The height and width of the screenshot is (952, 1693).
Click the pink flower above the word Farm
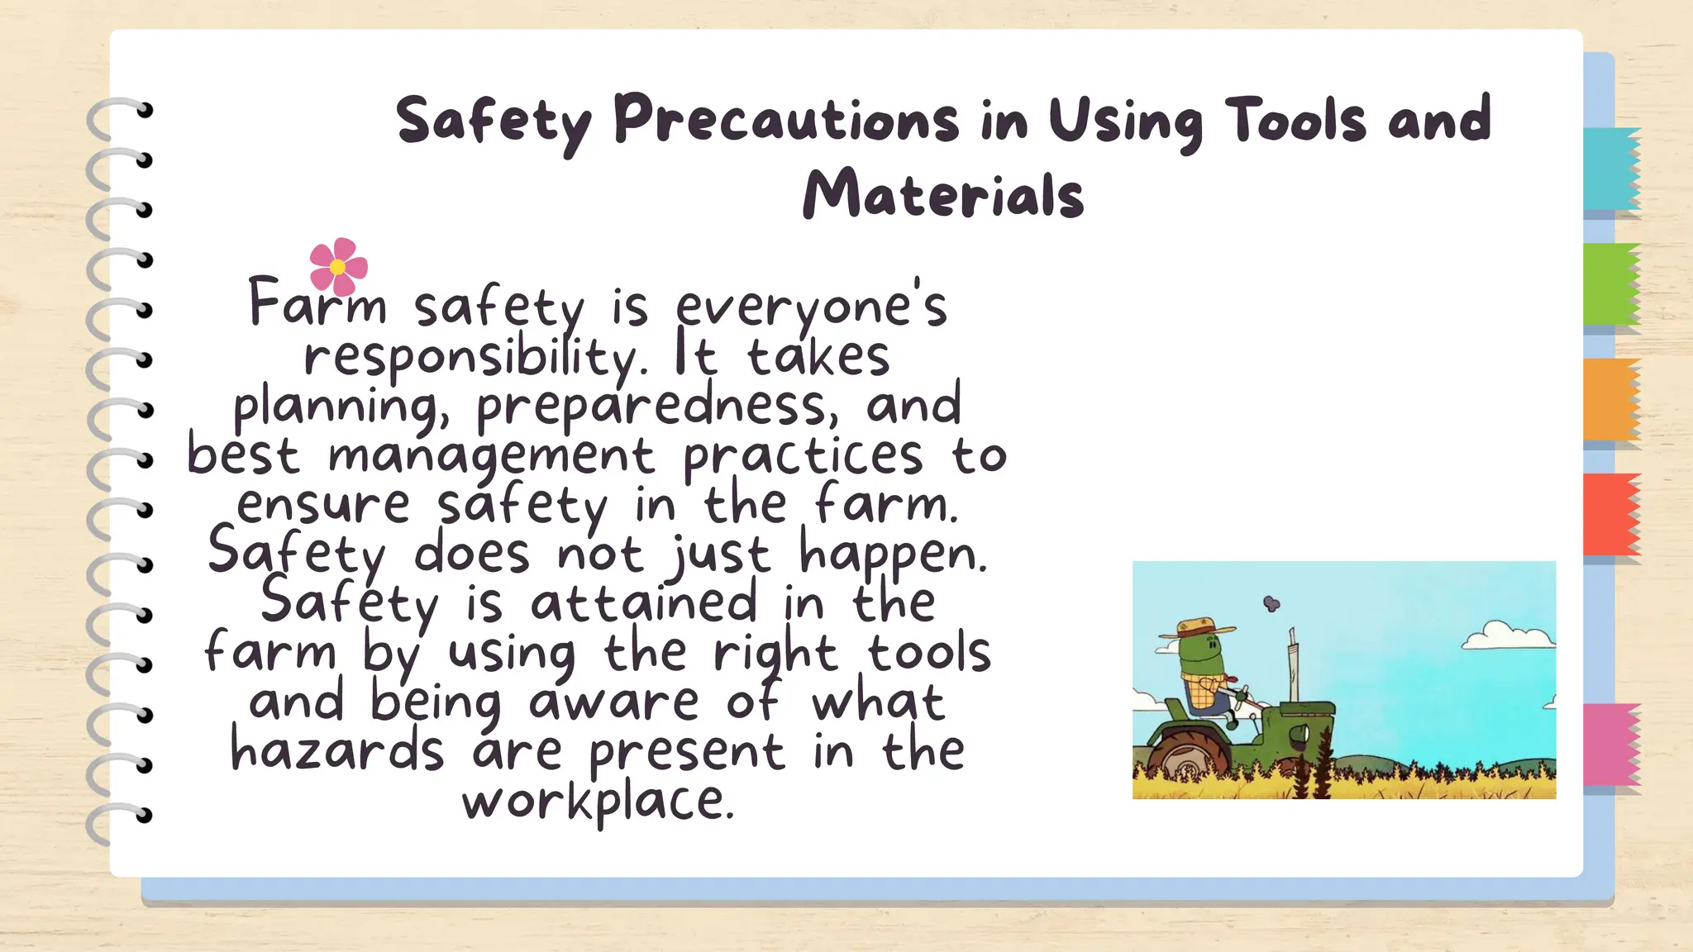coord(338,266)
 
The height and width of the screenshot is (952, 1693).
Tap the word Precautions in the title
coord(786,121)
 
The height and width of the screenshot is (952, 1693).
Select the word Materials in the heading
coord(943,195)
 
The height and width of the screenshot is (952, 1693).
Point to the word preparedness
coord(651,406)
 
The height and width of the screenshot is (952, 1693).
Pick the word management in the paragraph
coord(492,456)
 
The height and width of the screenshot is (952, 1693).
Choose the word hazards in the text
coord(337,751)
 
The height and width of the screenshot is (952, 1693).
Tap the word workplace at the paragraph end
coord(598,801)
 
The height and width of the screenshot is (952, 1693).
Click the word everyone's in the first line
coord(811,307)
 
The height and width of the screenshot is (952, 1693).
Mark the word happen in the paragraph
coord(893,555)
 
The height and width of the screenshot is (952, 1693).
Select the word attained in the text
coord(644,602)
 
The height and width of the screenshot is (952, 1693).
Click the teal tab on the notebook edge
coord(1610,169)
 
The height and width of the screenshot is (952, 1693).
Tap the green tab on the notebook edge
coord(1610,284)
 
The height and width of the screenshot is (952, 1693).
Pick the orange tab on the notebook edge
coord(1610,400)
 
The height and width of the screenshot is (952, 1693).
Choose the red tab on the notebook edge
coord(1610,514)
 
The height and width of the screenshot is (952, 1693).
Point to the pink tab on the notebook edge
coord(1610,744)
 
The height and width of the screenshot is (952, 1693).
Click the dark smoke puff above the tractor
coord(1271,604)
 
